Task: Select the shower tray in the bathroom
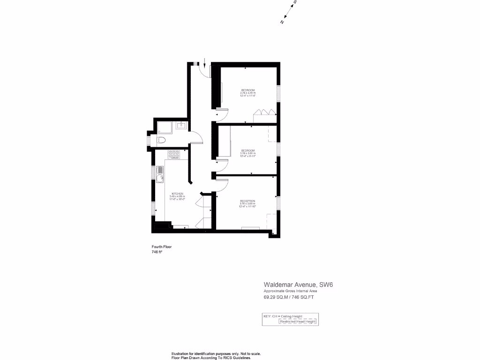tap(165, 127)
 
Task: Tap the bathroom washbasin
tap(181, 126)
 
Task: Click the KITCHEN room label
tap(177, 194)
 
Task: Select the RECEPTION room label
tap(247, 201)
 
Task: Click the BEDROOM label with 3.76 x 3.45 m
tap(248, 90)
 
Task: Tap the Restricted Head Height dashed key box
tap(299, 322)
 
